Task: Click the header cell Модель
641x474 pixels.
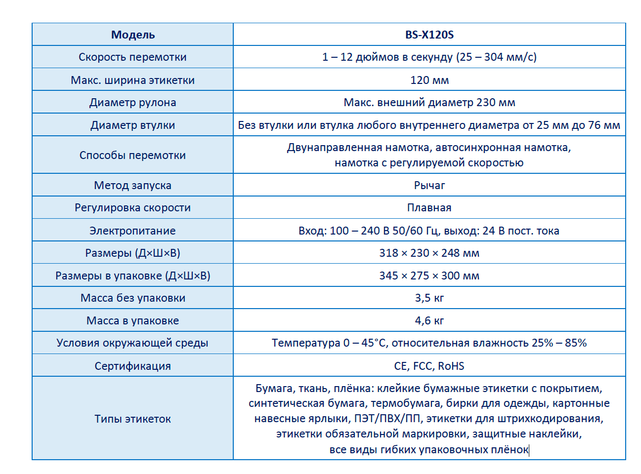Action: coord(133,35)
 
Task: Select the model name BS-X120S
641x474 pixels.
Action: coord(429,35)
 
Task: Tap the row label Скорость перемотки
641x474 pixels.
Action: coord(132,57)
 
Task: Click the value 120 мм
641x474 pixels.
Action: coord(429,80)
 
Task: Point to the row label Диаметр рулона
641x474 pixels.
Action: coord(132,103)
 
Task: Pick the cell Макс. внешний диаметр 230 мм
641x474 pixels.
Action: coord(429,103)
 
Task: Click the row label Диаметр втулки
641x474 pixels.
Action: coord(132,125)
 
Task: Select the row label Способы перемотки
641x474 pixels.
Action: coord(132,155)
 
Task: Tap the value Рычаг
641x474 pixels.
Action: coord(429,186)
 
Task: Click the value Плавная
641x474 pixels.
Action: coord(429,208)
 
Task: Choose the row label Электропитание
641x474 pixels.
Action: coord(132,231)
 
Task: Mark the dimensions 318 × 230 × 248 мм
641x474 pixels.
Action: coord(429,253)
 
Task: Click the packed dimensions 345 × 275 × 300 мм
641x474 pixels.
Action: coord(429,276)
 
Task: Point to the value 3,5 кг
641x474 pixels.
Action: coord(429,298)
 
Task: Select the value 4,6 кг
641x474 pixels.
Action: coord(429,321)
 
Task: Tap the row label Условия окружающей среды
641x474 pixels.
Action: coord(132,343)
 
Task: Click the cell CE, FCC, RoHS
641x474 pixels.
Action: coord(429,366)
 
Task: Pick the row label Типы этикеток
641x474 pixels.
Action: coord(132,419)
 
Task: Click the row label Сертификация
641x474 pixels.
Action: coord(132,366)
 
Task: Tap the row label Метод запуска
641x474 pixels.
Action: coord(132,186)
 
